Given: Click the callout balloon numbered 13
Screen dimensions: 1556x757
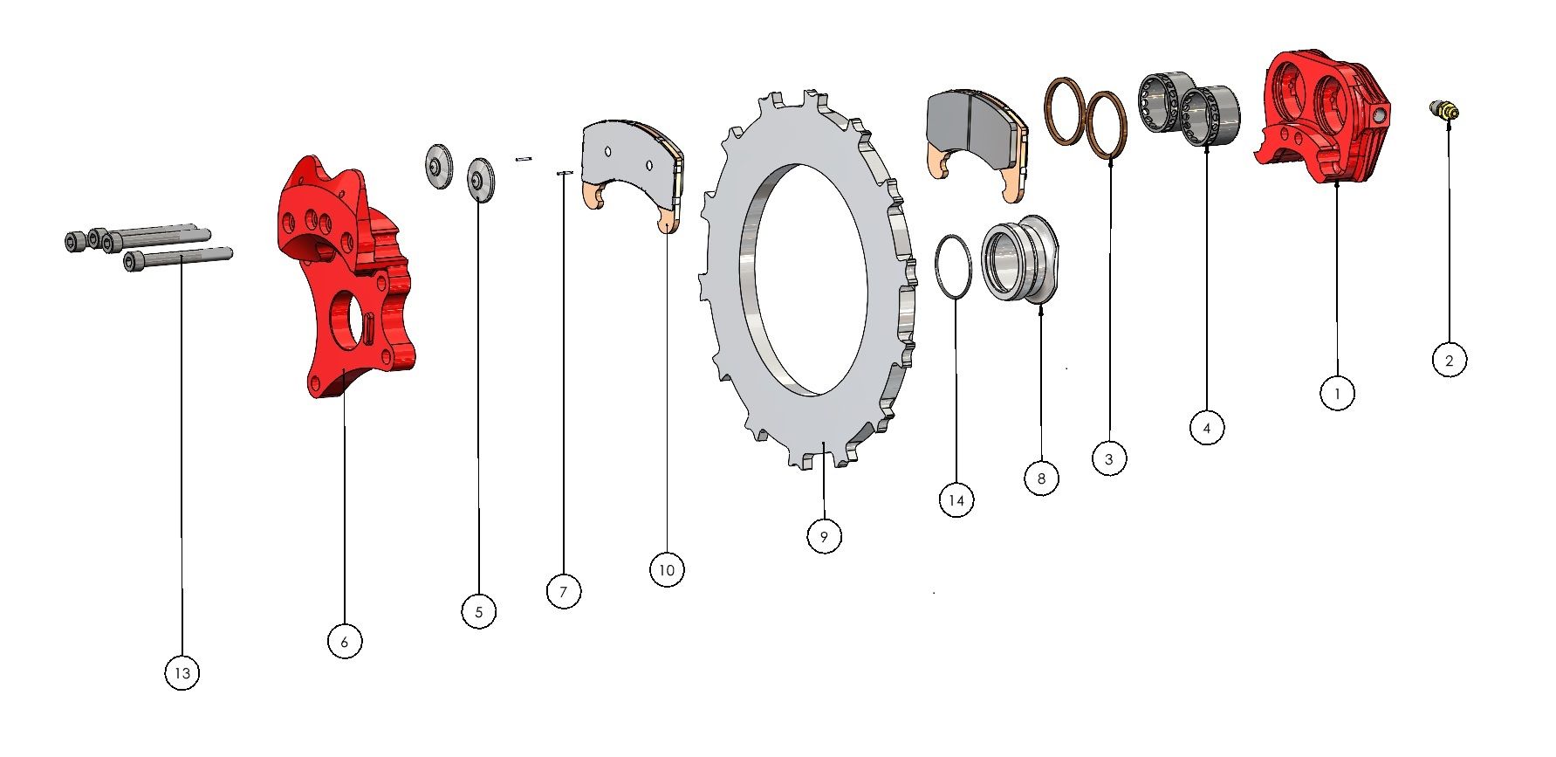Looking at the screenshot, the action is [x=182, y=673].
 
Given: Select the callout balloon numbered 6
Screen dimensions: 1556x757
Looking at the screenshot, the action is [x=344, y=642].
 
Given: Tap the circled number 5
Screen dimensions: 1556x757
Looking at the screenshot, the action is [x=478, y=612].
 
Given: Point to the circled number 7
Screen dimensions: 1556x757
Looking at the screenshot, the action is [x=563, y=592].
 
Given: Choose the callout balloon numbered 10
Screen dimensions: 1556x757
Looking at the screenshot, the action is [x=667, y=570].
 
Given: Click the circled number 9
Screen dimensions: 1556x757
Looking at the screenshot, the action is [x=824, y=535].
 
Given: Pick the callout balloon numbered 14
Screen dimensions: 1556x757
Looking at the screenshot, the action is [x=956, y=500].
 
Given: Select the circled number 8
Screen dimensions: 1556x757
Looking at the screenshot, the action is [x=1041, y=478].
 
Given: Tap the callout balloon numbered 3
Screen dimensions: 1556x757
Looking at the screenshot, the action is [x=1109, y=458].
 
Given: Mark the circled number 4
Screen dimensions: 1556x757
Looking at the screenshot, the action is [x=1207, y=428].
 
